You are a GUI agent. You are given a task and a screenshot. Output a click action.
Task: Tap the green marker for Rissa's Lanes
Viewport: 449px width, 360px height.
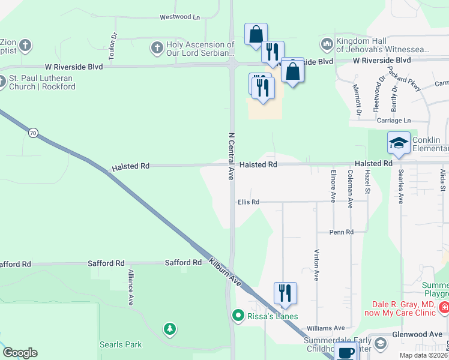point(238,315)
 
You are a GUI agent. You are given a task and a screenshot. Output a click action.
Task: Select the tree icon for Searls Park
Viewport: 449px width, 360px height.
point(170,328)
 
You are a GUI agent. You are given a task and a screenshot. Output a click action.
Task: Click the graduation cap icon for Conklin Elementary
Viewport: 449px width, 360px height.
point(399,143)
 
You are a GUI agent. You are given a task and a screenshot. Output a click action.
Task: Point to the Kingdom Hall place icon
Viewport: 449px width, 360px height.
point(327,44)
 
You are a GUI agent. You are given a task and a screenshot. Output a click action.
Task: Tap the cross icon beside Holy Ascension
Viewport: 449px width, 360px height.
point(157,47)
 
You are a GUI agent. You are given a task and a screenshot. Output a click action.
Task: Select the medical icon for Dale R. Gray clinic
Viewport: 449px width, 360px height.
point(444,308)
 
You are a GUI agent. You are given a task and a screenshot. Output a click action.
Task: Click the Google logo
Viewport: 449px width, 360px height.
point(20,353)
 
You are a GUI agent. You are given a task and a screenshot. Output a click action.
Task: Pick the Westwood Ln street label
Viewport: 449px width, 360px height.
point(179,17)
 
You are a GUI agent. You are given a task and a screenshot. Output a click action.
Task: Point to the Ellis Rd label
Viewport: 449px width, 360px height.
point(248,202)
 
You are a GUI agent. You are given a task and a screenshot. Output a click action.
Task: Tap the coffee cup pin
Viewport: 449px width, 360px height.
point(346,353)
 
